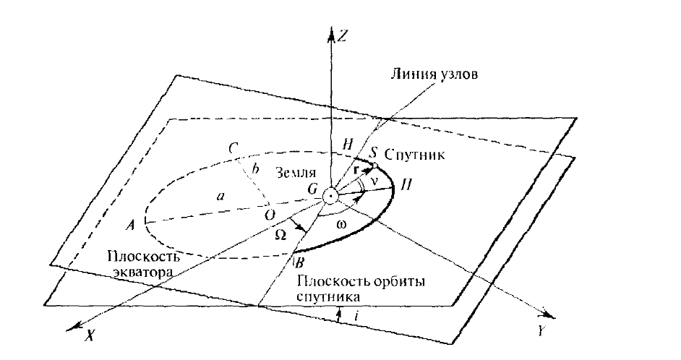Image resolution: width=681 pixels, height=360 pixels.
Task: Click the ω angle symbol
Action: (x=342, y=226)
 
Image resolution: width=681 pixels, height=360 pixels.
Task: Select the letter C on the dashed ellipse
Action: (x=232, y=148)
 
